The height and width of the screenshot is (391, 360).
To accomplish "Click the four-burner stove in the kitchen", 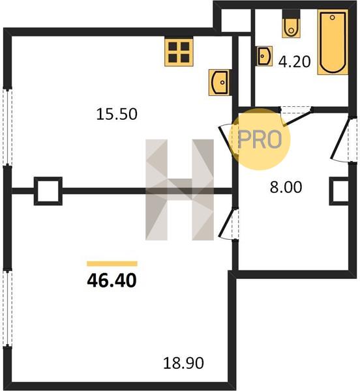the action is [x=179, y=52].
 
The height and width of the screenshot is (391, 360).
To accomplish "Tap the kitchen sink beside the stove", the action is [x=219, y=82].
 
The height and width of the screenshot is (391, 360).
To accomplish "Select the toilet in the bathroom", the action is [x=291, y=24].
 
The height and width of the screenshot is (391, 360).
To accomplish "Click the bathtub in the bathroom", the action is [x=333, y=42].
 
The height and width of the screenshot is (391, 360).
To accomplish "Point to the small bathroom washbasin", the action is [x=264, y=56].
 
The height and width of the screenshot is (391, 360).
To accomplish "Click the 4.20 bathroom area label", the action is [x=294, y=62].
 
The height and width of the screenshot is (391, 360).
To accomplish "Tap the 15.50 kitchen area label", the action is [x=117, y=114].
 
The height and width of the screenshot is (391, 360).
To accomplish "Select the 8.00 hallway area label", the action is [x=286, y=187].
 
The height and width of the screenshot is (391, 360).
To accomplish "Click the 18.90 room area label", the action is [x=183, y=363].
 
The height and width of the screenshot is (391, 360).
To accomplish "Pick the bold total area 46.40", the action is [x=112, y=280].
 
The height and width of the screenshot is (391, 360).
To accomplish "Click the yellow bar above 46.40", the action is [x=112, y=263].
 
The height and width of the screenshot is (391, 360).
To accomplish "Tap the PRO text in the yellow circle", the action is [x=260, y=139].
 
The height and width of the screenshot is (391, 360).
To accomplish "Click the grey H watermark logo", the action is [x=179, y=190].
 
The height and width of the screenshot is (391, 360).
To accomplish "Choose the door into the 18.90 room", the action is [x=228, y=224].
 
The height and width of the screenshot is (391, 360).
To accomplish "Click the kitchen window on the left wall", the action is [x=7, y=126].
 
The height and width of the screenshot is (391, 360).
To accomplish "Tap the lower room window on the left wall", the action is [x=7, y=308].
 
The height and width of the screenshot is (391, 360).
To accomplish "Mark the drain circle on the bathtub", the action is [x=333, y=18].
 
